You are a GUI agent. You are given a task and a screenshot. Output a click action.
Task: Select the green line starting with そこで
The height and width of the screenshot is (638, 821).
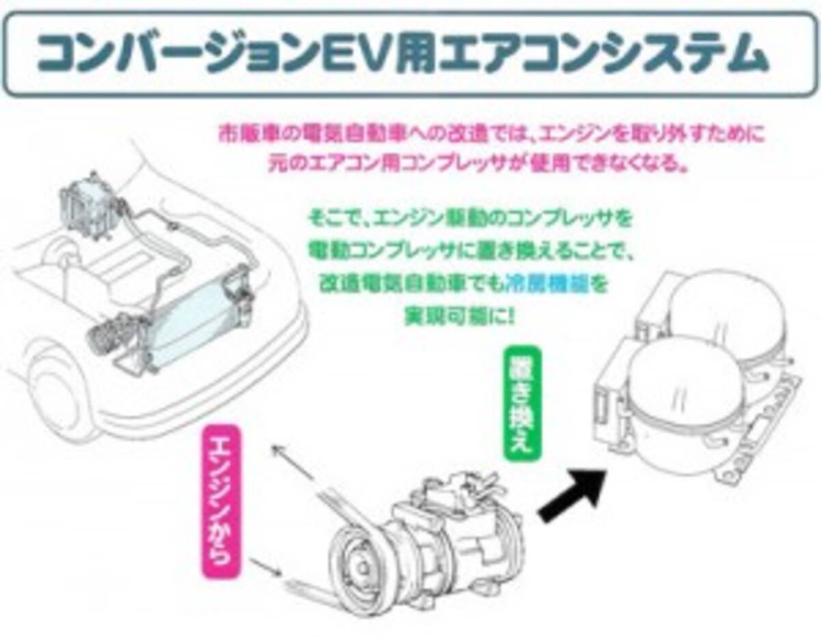[469, 220]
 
